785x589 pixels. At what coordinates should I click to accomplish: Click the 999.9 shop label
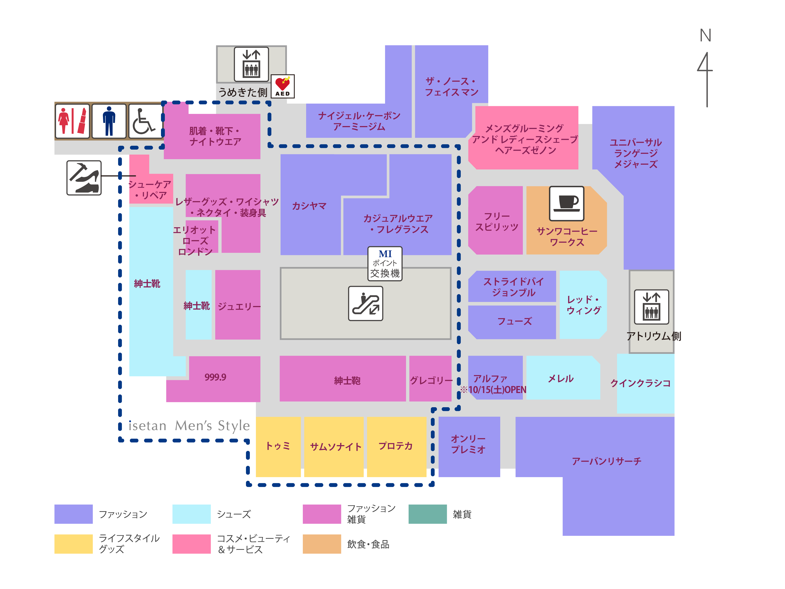[215, 377]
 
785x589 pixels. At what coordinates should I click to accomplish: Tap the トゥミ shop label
[278, 446]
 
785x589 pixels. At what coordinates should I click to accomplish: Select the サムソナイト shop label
[335, 447]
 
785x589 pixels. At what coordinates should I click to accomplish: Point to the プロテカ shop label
[396, 446]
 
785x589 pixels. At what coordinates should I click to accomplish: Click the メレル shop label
[561, 378]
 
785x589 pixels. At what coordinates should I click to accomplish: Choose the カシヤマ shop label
[309, 206]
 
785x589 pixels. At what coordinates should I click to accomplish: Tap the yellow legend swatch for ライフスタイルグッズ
[73, 544]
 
